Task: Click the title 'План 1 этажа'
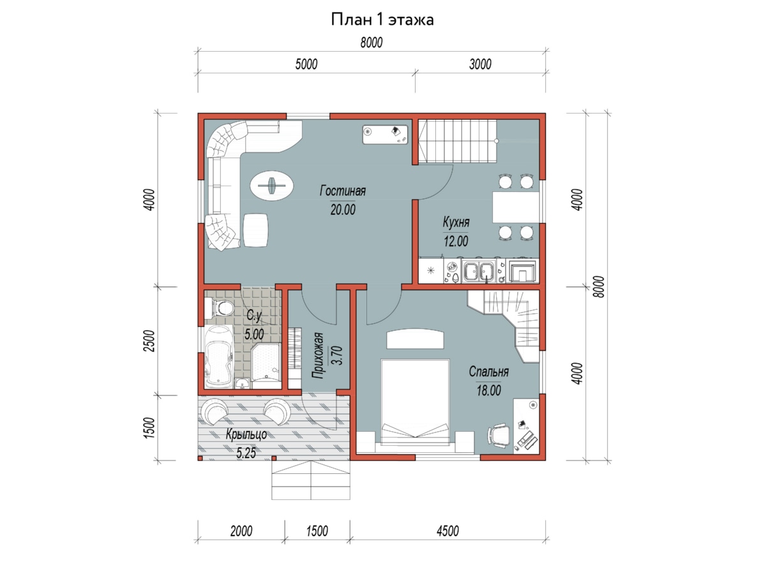pos(382,20)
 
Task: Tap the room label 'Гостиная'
pos(342,191)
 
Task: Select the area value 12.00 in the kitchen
pos(456,241)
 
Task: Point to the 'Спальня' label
pos(488,372)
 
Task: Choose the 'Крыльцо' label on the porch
pos(246,434)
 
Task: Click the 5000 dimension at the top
pos(306,64)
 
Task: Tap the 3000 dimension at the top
pos(480,64)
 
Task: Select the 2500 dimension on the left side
pos(149,341)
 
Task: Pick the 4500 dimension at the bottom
pos(447,531)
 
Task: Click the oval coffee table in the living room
pos(271,185)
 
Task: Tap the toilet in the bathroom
pos(219,308)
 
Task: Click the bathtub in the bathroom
pos(218,357)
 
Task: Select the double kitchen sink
pos(478,271)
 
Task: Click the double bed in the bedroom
pos(414,402)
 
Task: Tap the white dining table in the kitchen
pos(515,207)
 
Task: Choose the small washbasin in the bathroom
pos(242,383)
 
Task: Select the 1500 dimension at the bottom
pos(317,531)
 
